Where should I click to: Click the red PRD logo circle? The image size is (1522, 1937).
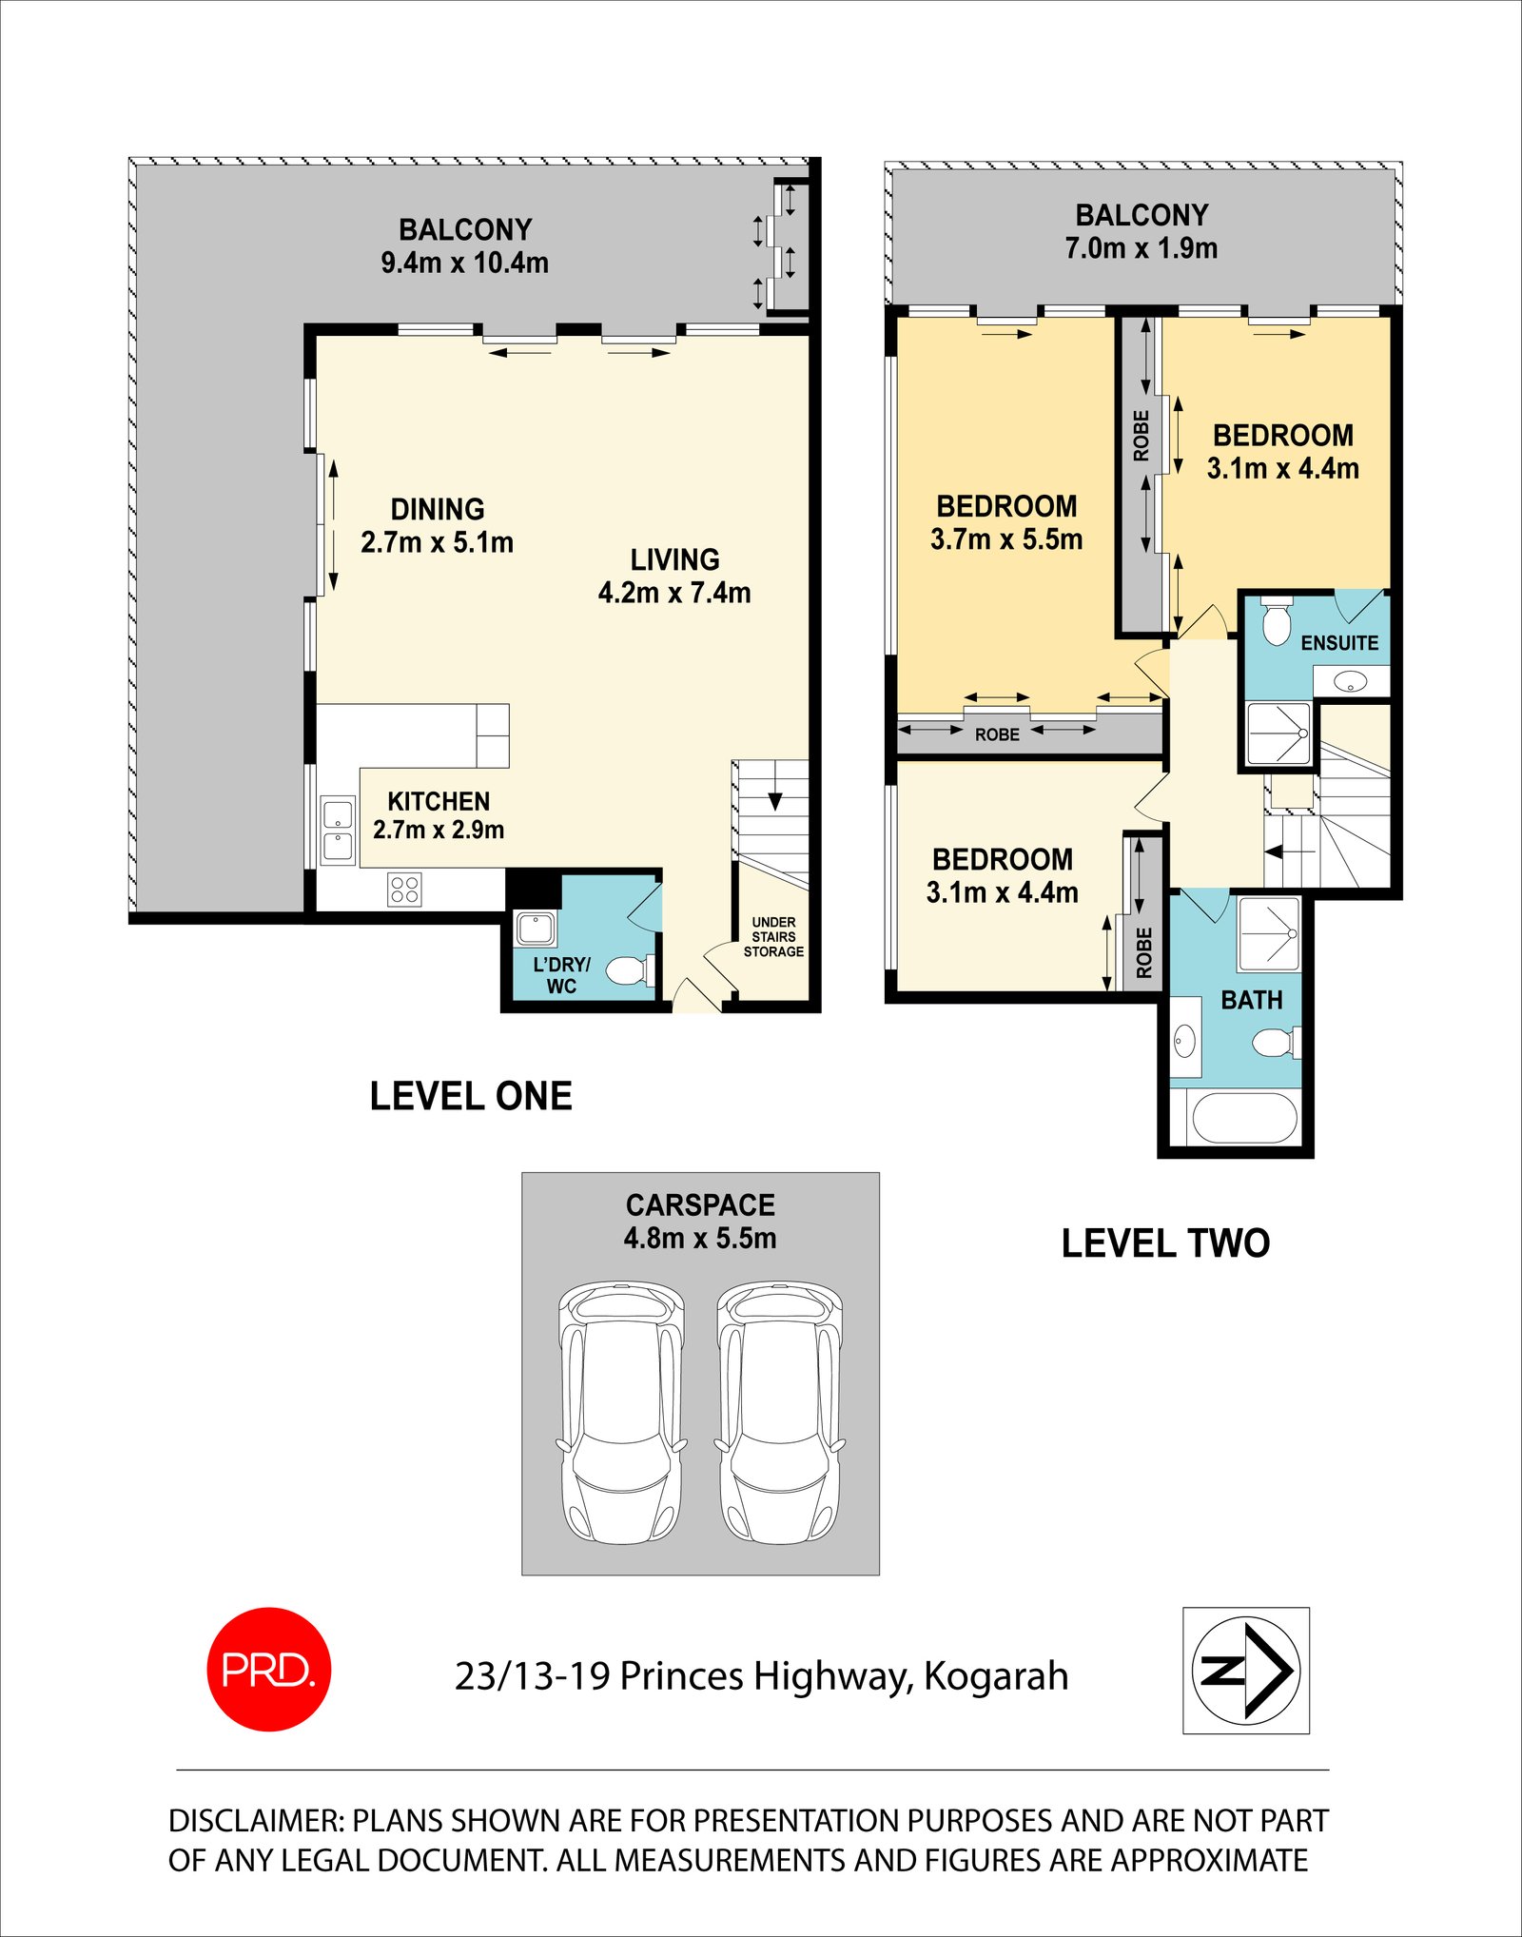click(x=269, y=1669)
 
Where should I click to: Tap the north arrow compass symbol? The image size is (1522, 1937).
click(x=1245, y=1670)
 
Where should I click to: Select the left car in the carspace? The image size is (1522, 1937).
click(x=621, y=1412)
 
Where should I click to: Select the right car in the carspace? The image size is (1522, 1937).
click(x=780, y=1412)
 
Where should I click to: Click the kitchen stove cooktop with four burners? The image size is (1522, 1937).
click(x=404, y=890)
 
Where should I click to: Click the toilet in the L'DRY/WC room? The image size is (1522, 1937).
click(x=628, y=971)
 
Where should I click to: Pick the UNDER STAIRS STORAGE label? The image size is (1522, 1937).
click(x=773, y=937)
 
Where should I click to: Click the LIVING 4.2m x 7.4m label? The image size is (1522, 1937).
click(x=674, y=577)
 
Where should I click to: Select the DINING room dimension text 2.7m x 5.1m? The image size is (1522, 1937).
click(x=437, y=543)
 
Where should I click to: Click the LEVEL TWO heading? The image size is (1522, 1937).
click(x=1165, y=1243)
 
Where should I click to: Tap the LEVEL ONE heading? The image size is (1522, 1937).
click(x=471, y=1096)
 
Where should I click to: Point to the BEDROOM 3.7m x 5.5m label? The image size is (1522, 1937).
click(x=1006, y=522)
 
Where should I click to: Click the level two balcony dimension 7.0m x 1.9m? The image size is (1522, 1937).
click(x=1141, y=248)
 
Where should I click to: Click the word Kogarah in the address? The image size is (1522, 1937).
click(x=996, y=1676)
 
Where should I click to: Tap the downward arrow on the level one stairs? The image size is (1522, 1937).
click(x=775, y=801)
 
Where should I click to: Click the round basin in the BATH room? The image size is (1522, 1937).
click(x=1183, y=1041)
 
